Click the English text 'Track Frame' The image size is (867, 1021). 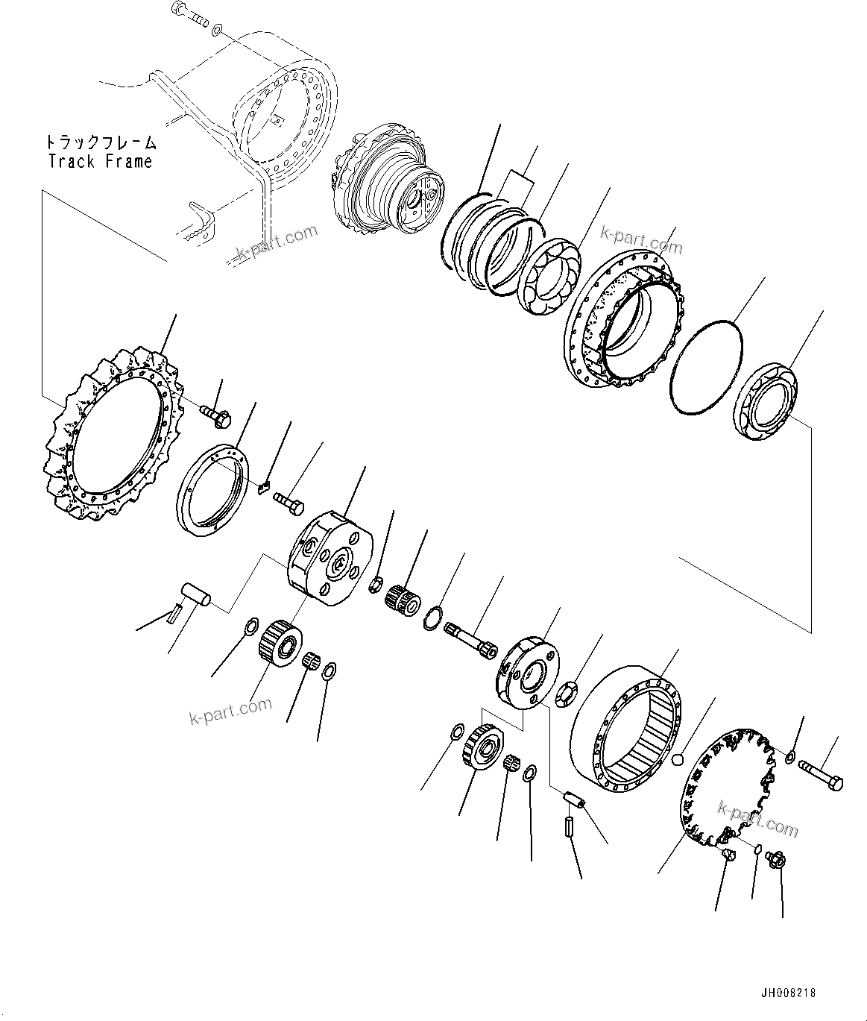tap(100, 161)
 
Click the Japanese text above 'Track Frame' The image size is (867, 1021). tap(100, 142)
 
